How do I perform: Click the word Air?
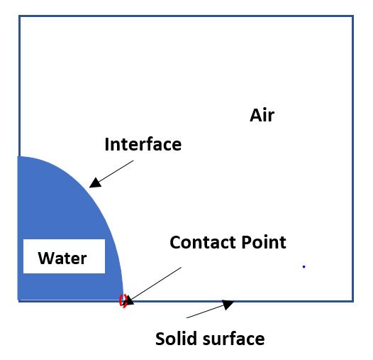[x=262, y=115]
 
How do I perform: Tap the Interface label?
[x=143, y=144]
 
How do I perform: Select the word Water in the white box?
[x=62, y=258]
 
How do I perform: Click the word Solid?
[x=176, y=339]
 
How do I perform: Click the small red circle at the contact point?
[x=123, y=300]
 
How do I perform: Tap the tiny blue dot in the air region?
[x=304, y=266]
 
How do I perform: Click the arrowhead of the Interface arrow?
[x=95, y=183]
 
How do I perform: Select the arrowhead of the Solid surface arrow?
[x=228, y=304]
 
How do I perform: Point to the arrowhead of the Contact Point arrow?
[x=128, y=300]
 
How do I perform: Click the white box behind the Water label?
[x=64, y=256]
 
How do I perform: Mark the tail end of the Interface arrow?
[x=133, y=160]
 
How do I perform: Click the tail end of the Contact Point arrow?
[x=182, y=267]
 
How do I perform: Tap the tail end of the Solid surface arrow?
[x=186, y=318]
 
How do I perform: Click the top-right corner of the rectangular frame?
[x=353, y=16]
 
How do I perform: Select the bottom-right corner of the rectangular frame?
[x=353, y=301]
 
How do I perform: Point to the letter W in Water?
[x=45, y=258]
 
